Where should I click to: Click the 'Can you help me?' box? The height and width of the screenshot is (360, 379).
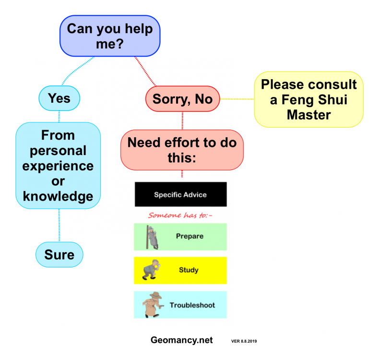[110, 36]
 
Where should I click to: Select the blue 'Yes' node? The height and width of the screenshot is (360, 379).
[59, 98]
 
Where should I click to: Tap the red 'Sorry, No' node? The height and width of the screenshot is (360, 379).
[182, 99]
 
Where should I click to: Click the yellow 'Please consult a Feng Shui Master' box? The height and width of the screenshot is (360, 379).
[308, 99]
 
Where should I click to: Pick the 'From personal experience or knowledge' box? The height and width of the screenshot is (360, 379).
[58, 166]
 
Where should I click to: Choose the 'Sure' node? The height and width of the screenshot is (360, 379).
[59, 254]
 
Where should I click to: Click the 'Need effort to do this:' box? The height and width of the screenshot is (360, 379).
[182, 150]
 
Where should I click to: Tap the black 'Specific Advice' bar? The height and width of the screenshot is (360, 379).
[180, 194]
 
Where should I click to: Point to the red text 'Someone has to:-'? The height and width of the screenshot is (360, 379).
[180, 215]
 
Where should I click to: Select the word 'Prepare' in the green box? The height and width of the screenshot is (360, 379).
[189, 236]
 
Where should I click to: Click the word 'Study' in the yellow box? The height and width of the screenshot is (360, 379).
[189, 270]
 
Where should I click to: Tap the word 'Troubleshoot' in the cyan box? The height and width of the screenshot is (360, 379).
[192, 305]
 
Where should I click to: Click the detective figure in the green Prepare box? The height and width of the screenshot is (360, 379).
[153, 237]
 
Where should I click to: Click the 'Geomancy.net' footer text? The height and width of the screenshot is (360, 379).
[181, 340]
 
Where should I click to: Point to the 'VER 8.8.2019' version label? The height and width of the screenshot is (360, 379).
[244, 341]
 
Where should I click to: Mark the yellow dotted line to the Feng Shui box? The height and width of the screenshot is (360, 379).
[237, 99]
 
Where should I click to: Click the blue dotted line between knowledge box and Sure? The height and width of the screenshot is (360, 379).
[59, 226]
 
